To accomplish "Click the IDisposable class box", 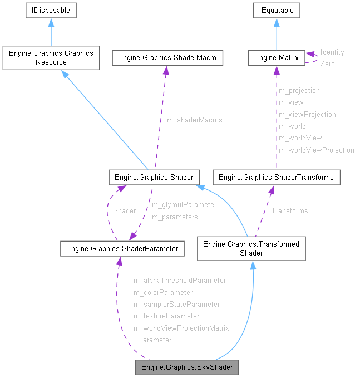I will (51, 10).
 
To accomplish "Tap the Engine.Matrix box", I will (277, 57).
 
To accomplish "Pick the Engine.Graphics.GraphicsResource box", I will (51, 58).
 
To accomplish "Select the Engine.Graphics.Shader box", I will (154, 178).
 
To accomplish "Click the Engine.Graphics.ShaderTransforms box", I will (277, 178).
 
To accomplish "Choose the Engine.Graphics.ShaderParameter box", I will (122, 249).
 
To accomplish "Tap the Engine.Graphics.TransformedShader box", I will (251, 248).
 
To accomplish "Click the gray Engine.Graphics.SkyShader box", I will (187, 367).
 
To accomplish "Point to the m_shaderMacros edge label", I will (194, 120).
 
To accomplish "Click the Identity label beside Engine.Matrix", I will (332, 52).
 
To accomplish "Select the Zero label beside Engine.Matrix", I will (327, 63).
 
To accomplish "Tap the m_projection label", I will (299, 90).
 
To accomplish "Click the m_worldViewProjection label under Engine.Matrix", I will (316, 150).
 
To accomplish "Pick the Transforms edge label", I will (289, 210).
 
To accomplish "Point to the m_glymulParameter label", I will (184, 204).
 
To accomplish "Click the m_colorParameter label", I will (163, 292).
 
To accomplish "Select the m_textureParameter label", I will (166, 316).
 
